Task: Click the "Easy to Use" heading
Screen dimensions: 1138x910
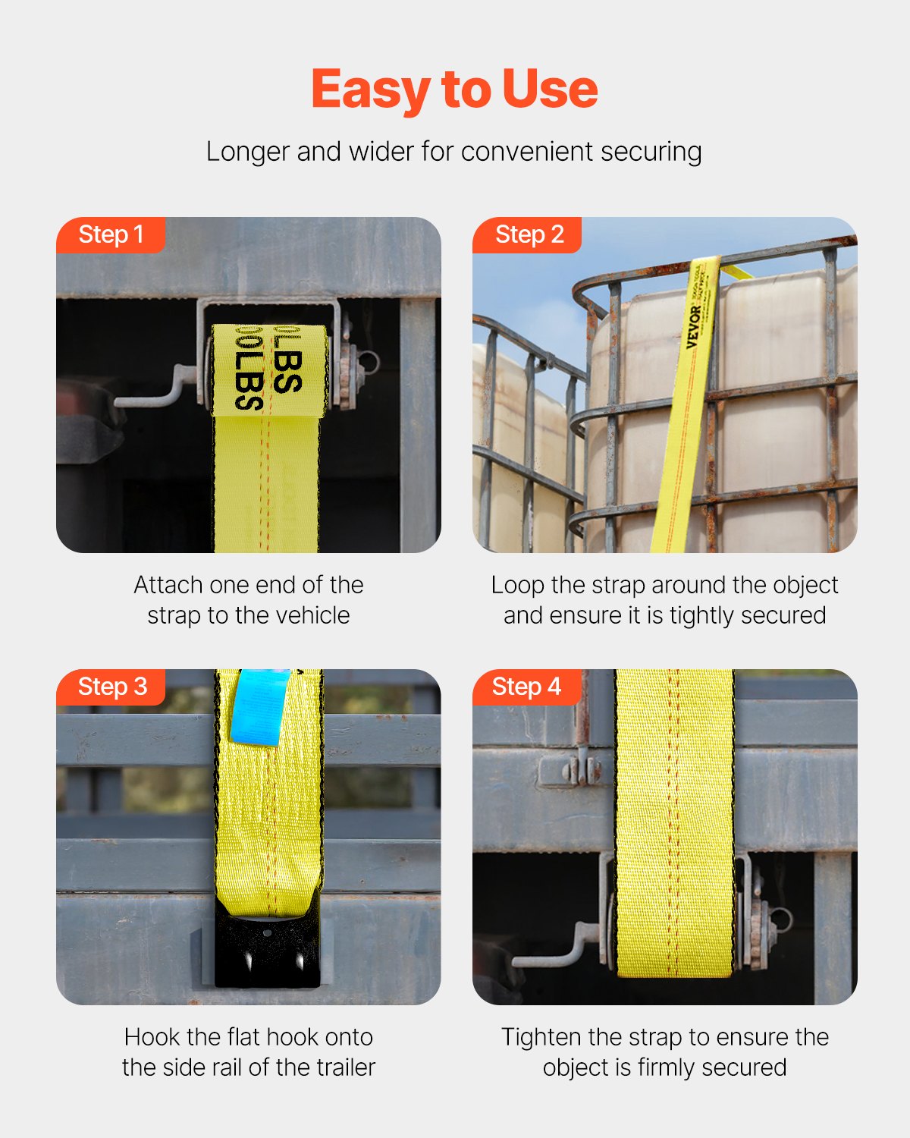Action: pyautogui.click(x=454, y=90)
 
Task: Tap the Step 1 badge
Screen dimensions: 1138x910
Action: pyautogui.click(x=111, y=234)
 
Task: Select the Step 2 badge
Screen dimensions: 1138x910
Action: pyautogui.click(x=529, y=234)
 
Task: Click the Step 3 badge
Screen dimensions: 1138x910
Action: pyautogui.click(x=111, y=687)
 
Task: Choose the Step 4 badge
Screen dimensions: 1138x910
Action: pyautogui.click(x=526, y=687)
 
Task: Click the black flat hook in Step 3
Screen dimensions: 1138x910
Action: pyautogui.click(x=267, y=948)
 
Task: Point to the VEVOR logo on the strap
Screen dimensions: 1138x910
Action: pyautogui.click(x=694, y=326)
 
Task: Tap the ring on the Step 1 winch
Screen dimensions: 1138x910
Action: pyautogui.click(x=369, y=362)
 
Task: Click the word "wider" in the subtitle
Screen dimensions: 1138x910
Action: pyautogui.click(x=381, y=152)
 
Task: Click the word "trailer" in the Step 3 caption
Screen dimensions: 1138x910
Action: pyautogui.click(x=346, y=1067)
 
